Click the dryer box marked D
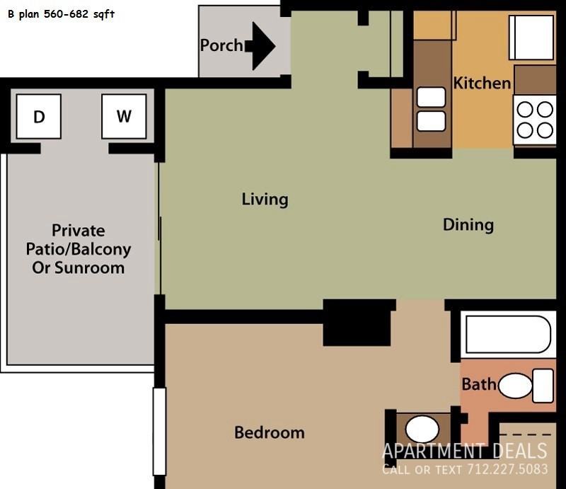[x=39, y=116]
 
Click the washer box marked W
[x=124, y=116]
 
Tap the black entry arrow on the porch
[x=260, y=46]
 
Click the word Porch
[x=221, y=45]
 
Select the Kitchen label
[x=482, y=83]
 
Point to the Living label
[x=265, y=200]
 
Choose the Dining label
[x=468, y=224]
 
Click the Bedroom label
[x=270, y=432]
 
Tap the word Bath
[x=479, y=384]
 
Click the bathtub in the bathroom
[x=508, y=335]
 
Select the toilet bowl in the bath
[x=515, y=386]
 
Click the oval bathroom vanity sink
[x=422, y=430]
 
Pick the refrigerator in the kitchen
[x=531, y=38]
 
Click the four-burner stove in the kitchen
[x=535, y=120]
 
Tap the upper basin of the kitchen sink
[x=431, y=97]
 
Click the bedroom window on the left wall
[x=159, y=432]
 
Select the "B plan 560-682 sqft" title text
[x=61, y=14]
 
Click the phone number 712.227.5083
[x=507, y=469]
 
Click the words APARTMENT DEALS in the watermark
[x=465, y=451]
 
